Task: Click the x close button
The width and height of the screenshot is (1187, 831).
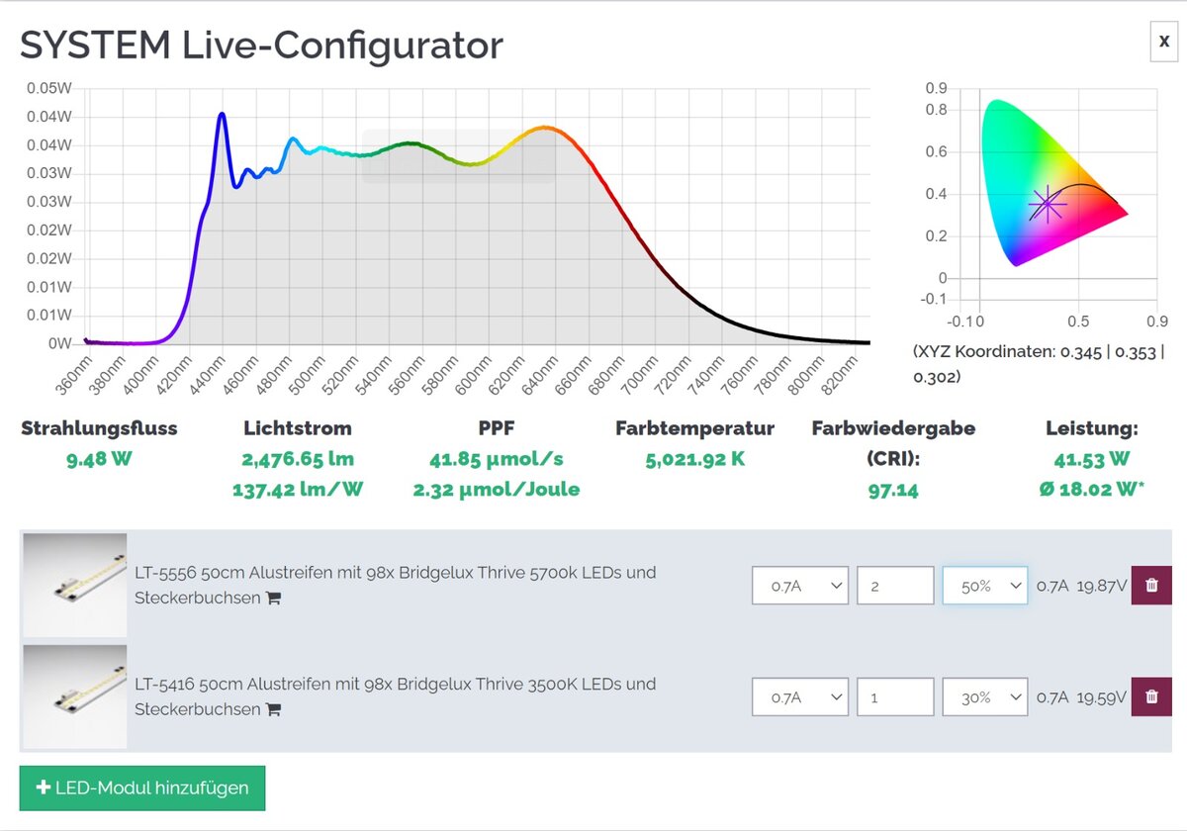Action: [1163, 43]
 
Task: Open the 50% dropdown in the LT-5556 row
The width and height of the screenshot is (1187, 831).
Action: [984, 586]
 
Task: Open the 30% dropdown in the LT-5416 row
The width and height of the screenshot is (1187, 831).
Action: [984, 697]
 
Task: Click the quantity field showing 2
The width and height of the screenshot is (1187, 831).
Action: [894, 586]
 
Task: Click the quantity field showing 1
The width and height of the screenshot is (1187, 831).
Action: [894, 697]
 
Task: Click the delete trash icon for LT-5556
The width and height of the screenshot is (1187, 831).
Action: [1151, 586]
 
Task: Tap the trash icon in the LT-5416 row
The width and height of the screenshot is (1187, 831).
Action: [1151, 697]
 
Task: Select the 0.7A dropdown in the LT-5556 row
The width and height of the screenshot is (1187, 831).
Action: [799, 586]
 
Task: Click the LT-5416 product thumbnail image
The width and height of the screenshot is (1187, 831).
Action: [75, 696]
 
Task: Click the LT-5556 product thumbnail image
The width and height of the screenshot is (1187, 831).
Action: [75, 585]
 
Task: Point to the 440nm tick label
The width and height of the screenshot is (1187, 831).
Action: [212, 374]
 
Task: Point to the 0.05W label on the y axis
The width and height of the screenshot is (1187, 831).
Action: [49, 88]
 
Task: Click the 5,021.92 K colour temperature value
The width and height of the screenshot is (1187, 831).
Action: [694, 459]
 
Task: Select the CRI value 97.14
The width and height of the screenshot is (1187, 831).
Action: [892, 490]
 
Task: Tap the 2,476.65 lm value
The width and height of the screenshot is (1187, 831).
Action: [297, 459]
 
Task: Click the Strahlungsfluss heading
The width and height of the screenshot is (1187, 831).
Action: [99, 428]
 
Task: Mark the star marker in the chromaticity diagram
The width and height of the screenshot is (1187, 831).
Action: [1047, 205]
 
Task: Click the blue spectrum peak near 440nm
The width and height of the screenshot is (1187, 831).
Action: [222, 115]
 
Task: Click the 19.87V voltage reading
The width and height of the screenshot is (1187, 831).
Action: [1101, 587]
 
